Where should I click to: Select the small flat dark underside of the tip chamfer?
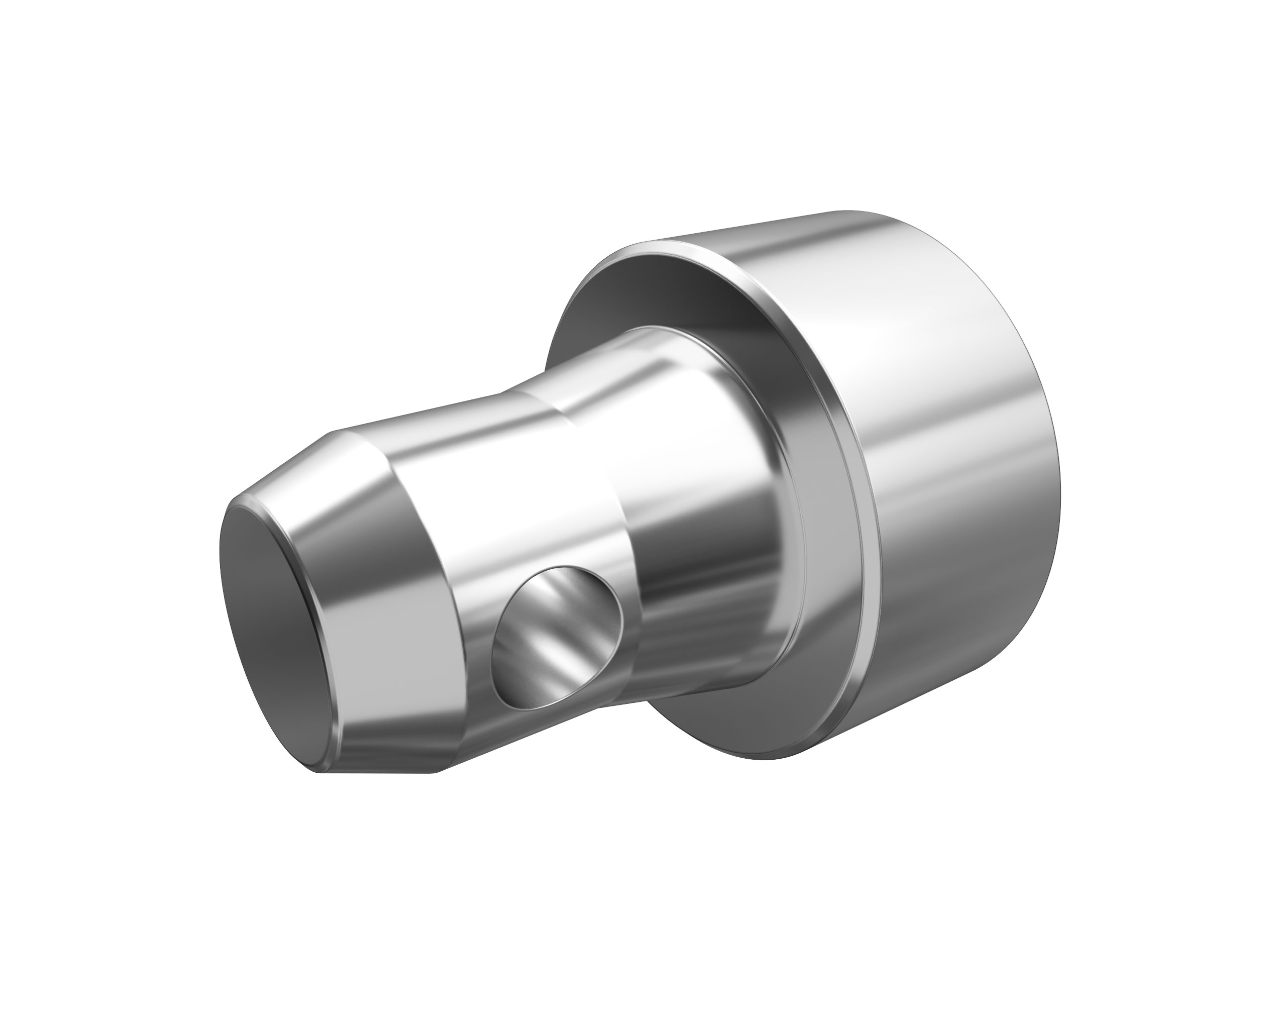382,770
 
